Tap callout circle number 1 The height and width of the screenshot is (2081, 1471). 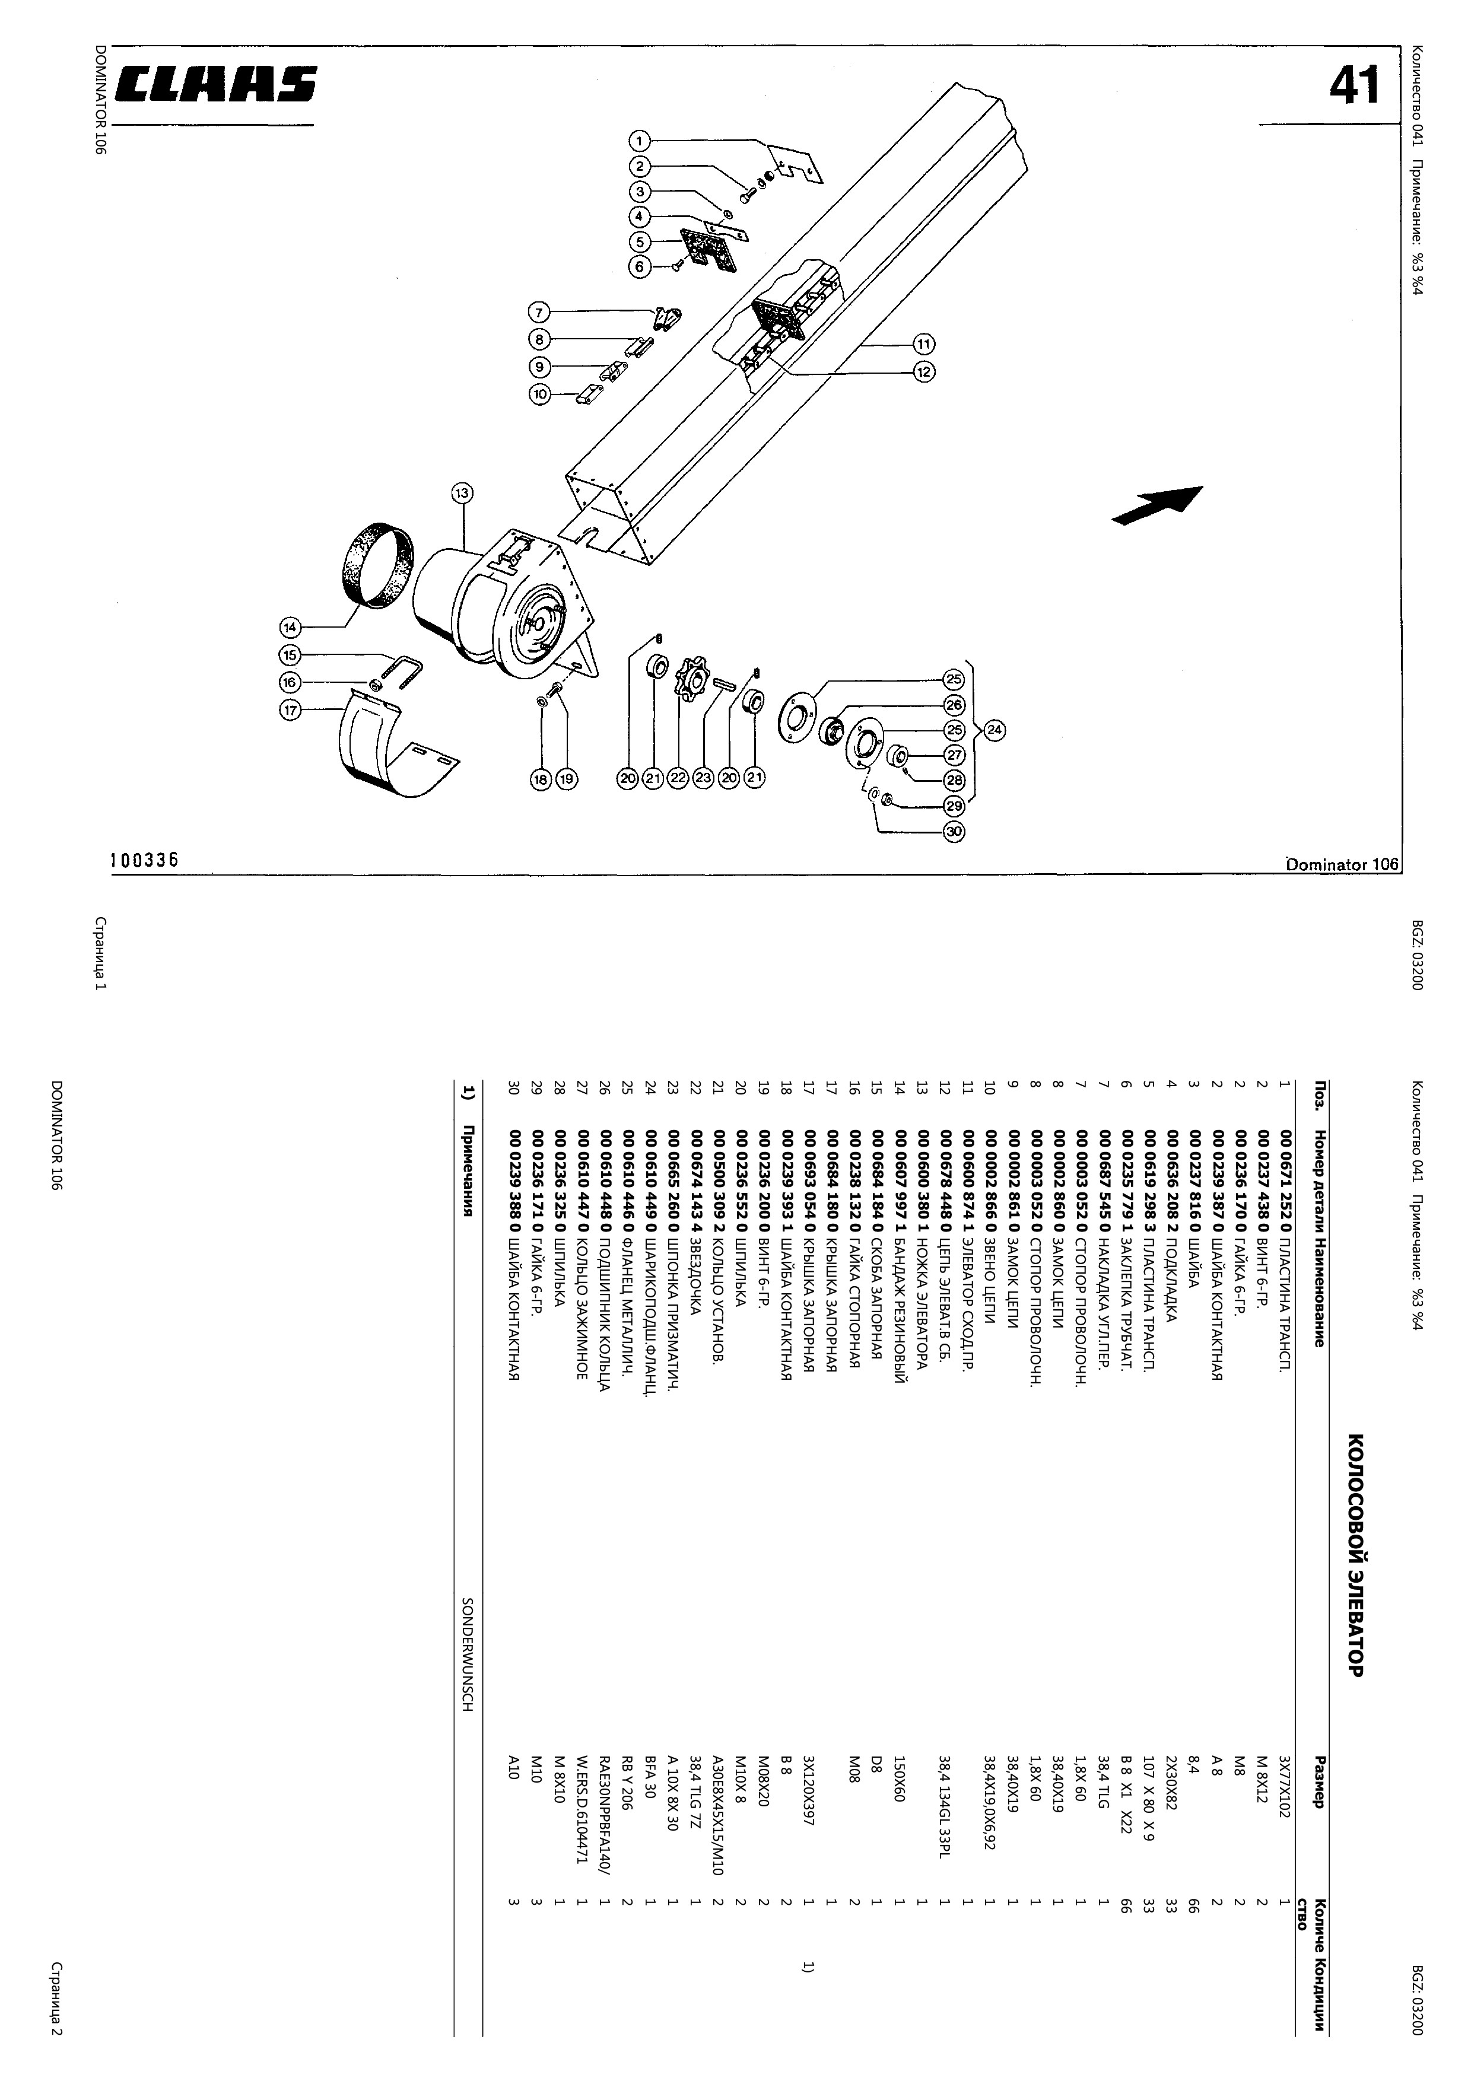tap(640, 141)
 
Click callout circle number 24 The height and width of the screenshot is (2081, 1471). tap(995, 730)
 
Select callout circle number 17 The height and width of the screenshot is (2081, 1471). tap(290, 711)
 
